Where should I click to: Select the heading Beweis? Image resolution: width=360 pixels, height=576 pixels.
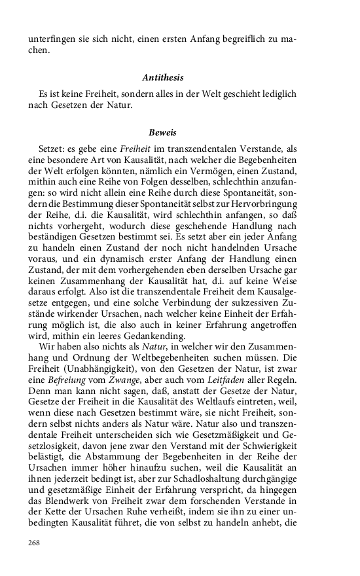pyautogui.click(x=163, y=132)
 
